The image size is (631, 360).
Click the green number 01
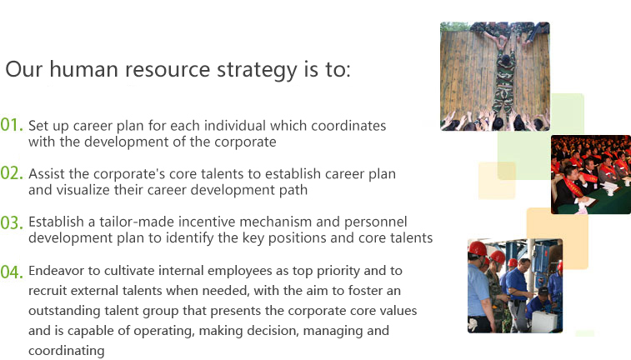click(x=12, y=125)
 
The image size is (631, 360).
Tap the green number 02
click(x=12, y=173)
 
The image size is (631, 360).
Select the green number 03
click(x=12, y=222)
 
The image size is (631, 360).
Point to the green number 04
click(x=12, y=272)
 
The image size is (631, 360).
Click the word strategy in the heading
click(x=257, y=70)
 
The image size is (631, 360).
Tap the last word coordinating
click(x=67, y=351)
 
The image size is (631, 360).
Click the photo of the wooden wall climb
click(x=495, y=77)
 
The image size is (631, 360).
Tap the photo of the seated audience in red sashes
click(x=591, y=174)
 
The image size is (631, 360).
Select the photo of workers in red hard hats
click(x=515, y=286)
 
